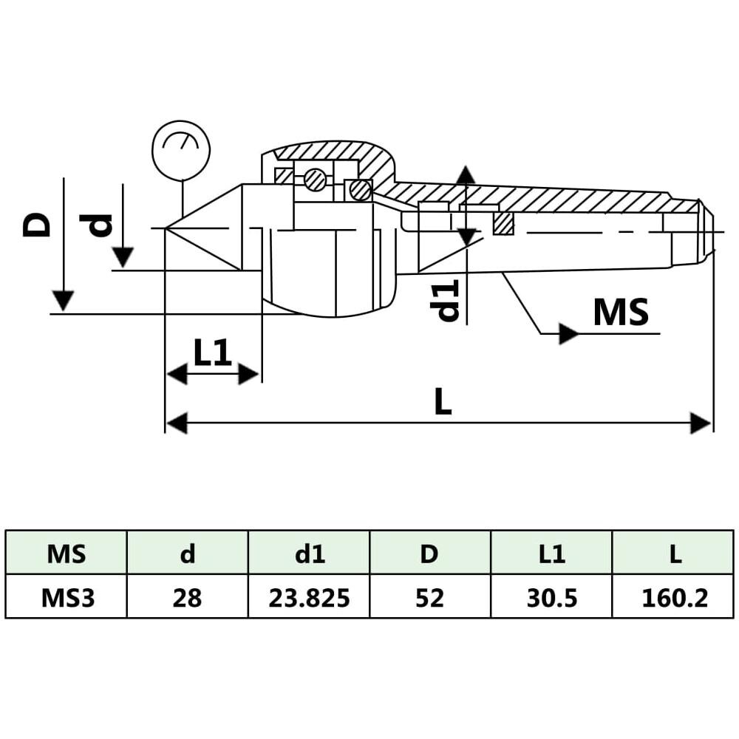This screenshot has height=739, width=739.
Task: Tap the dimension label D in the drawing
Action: click(x=36, y=225)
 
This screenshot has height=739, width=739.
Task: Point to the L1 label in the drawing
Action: click(x=213, y=353)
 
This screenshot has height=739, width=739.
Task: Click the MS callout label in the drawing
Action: click(x=621, y=312)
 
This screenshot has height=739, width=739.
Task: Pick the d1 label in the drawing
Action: click(x=444, y=300)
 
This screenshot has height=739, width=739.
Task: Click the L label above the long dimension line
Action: click(x=443, y=401)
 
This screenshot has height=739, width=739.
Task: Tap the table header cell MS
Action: click(x=66, y=554)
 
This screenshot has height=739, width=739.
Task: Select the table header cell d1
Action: click(x=309, y=554)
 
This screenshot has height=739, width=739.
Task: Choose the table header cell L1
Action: click(x=552, y=554)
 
